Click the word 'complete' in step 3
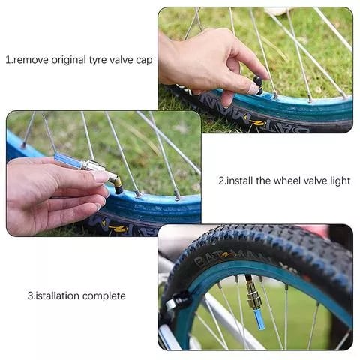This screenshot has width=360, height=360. pyautogui.click(x=106, y=295)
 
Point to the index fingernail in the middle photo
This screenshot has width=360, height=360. pyautogui.click(x=100, y=178)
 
